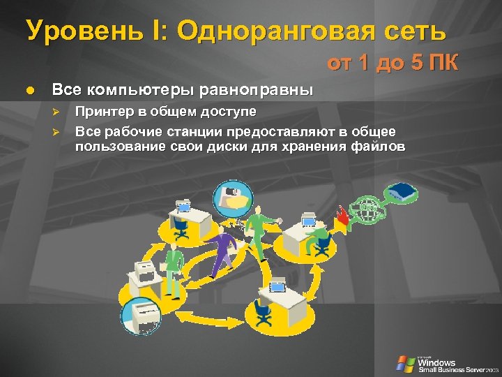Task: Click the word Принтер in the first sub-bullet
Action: click(101, 112)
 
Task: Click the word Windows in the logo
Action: click(437, 362)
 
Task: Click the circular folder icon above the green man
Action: click(233, 195)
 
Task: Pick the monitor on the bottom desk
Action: click(277, 286)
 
